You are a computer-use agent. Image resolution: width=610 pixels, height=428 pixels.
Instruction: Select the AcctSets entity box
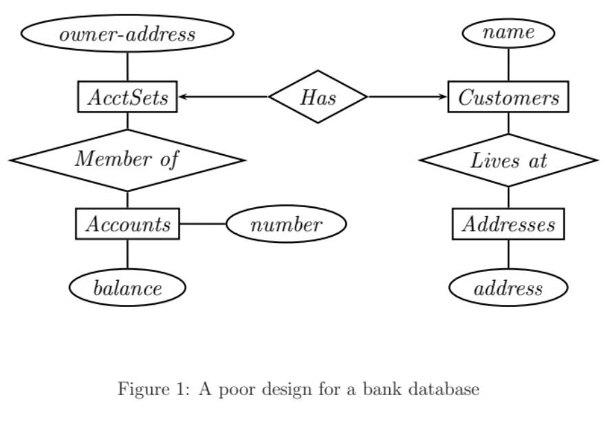pyautogui.click(x=127, y=97)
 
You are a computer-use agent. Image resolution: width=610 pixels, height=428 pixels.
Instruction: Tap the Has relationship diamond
pyautogui.click(x=318, y=97)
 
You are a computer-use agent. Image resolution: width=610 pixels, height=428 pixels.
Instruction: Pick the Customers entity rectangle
pyautogui.click(x=508, y=97)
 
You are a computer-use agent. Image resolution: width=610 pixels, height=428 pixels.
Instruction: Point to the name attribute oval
pyautogui.click(x=508, y=32)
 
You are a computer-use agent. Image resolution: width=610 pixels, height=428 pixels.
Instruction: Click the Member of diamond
pyautogui.click(x=127, y=160)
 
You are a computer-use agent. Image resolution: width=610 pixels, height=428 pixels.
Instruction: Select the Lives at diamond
pyautogui.click(x=508, y=160)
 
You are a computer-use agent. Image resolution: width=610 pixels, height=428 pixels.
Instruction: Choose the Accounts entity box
pyautogui.click(x=127, y=224)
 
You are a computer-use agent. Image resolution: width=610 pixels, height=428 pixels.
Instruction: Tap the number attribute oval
pyautogui.click(x=285, y=224)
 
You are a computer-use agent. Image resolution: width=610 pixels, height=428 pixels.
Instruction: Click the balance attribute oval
pyautogui.click(x=127, y=288)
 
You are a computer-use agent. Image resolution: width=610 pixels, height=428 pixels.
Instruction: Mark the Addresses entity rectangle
pyautogui.click(x=508, y=224)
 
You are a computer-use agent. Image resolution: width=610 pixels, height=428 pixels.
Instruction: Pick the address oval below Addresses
pyautogui.click(x=508, y=288)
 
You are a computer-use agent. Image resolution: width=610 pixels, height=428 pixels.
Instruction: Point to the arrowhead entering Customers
pyautogui.click(x=442, y=97)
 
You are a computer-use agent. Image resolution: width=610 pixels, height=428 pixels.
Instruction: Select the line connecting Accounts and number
pyautogui.click(x=202, y=224)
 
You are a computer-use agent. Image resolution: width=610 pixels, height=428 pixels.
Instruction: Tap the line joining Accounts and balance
pyautogui.click(x=127, y=255)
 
